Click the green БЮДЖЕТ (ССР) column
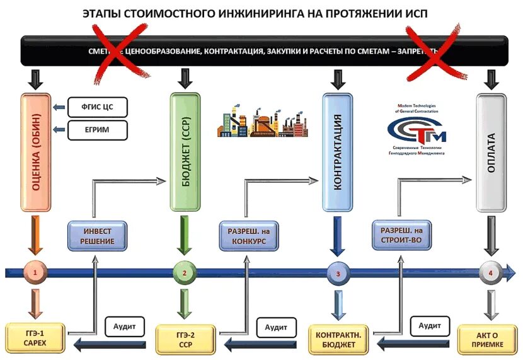tap(185, 152)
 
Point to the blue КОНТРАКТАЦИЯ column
tap(337, 152)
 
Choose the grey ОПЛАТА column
tap(491, 152)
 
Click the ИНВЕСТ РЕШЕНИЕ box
tap(98, 236)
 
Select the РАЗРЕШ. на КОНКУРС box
tap(248, 236)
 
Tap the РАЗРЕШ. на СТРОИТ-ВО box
tap(401, 236)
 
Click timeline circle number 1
tap(36, 273)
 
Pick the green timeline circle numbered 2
tap(184, 273)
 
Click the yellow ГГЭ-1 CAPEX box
tap(35, 338)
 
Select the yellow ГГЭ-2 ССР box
tap(185, 339)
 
